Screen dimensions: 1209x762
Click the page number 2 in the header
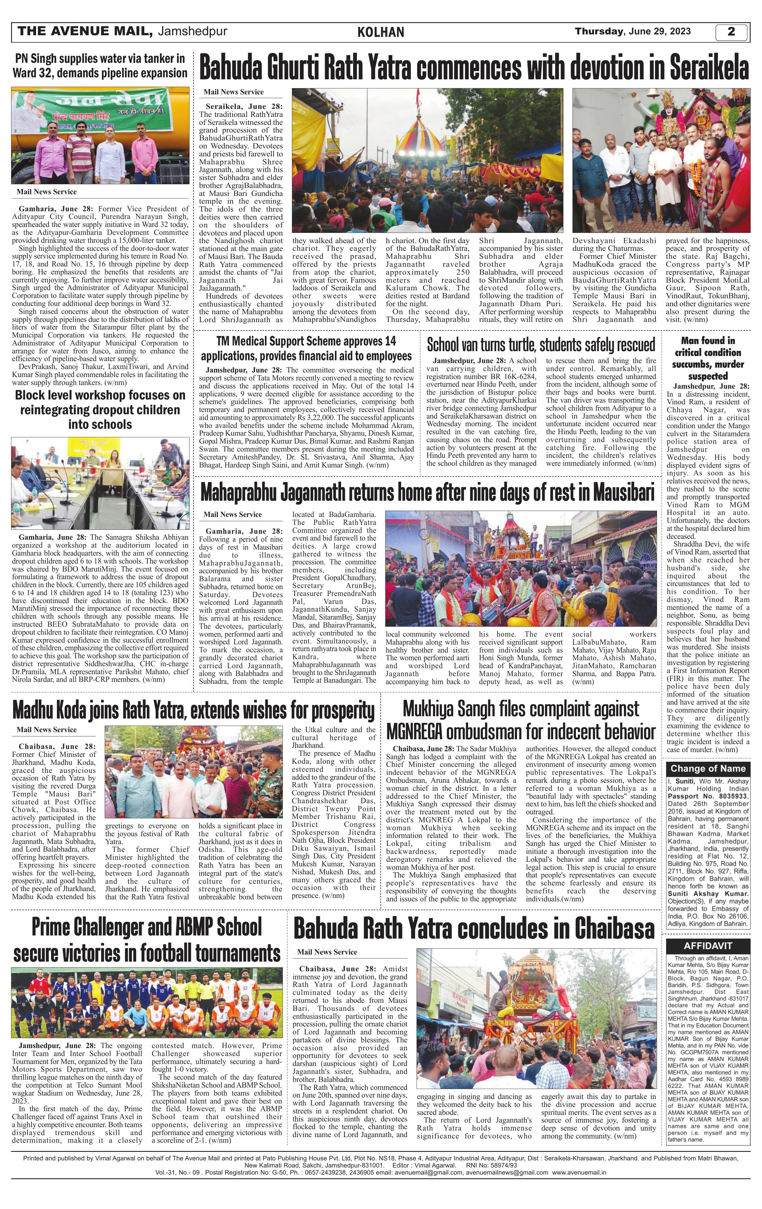(x=731, y=32)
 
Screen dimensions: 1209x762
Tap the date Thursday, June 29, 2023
(x=633, y=31)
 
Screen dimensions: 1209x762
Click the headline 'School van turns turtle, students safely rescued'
(x=540, y=345)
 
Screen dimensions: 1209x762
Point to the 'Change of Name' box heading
(x=707, y=769)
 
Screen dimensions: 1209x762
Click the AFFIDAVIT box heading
(x=707, y=945)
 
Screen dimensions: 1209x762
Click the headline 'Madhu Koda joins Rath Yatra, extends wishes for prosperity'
(x=193, y=711)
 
